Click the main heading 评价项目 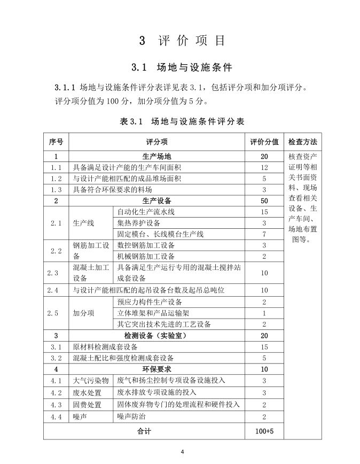tap(182, 41)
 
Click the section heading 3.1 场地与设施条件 tap(182, 68)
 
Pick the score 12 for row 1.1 tap(264, 167)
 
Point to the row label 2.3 tap(56, 273)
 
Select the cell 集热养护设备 tap(139, 223)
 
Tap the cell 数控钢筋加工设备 tap(146, 245)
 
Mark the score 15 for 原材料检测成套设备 tap(264, 346)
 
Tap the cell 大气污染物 tap(91, 380)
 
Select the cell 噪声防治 tap(131, 416)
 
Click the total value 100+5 tap(264, 430)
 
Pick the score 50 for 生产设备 tap(264, 200)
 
